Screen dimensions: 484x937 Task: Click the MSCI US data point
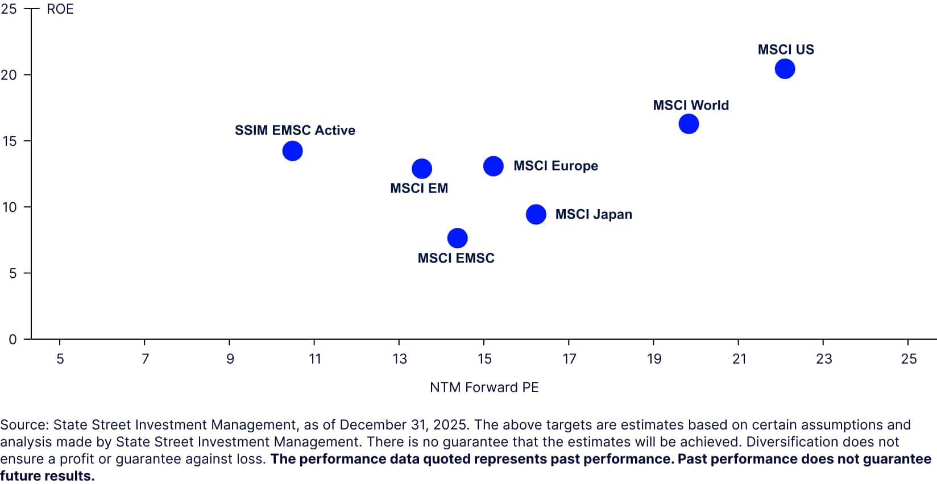[x=785, y=69]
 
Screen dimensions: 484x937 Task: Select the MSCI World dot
[x=689, y=124]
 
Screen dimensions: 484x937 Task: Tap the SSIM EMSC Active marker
[x=292, y=151]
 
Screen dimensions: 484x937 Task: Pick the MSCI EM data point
[x=422, y=169]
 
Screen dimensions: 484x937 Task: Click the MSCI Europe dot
[x=494, y=166]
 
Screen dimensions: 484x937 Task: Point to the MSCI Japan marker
[x=536, y=214]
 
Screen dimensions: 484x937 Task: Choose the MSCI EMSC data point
[x=458, y=238]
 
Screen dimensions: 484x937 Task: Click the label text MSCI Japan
[x=594, y=214]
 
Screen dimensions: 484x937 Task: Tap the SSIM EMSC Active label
[x=295, y=130]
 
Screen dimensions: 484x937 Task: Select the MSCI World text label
[x=690, y=105]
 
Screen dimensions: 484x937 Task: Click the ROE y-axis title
[x=60, y=9]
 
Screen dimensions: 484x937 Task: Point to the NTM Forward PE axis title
[x=484, y=387]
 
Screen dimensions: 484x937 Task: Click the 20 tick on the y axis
[x=9, y=75]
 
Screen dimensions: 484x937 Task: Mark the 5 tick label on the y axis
[x=12, y=273]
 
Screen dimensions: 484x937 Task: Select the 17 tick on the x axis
[x=569, y=359]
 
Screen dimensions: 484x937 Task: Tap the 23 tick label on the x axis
[x=823, y=359]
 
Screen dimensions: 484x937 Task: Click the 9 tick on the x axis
[x=230, y=359]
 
